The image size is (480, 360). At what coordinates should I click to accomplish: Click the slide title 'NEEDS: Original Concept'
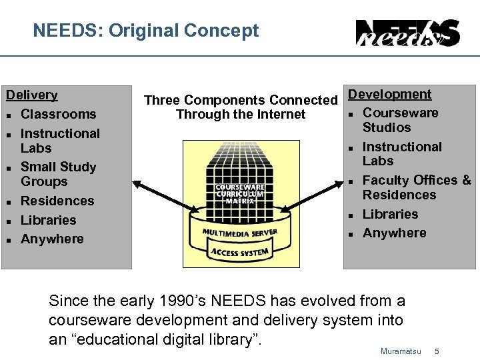(x=145, y=31)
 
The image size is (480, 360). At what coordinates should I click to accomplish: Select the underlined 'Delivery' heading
(x=32, y=95)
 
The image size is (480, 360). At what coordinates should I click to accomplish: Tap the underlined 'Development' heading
(x=390, y=95)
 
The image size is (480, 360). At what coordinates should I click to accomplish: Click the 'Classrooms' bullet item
(x=59, y=114)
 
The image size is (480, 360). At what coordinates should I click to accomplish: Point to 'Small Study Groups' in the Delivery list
(x=58, y=174)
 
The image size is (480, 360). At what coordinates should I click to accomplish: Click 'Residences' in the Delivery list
(x=57, y=201)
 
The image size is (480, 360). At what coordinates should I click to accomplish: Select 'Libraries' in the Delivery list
(x=49, y=220)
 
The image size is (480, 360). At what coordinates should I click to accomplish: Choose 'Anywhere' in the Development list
(x=394, y=233)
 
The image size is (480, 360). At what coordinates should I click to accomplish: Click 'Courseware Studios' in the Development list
(x=400, y=120)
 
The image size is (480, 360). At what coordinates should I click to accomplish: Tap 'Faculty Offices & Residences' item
(x=416, y=187)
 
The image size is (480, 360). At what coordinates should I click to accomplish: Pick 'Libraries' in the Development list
(x=390, y=214)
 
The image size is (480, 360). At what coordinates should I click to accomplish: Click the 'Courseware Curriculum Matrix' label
(x=240, y=194)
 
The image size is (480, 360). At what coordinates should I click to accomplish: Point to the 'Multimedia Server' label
(x=240, y=234)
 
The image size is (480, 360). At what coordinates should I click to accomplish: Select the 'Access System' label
(x=240, y=252)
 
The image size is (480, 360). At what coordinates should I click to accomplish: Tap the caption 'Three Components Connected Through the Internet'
(x=241, y=107)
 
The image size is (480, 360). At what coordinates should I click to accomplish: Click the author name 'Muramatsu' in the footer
(x=400, y=351)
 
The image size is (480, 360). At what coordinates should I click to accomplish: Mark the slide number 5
(x=437, y=351)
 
